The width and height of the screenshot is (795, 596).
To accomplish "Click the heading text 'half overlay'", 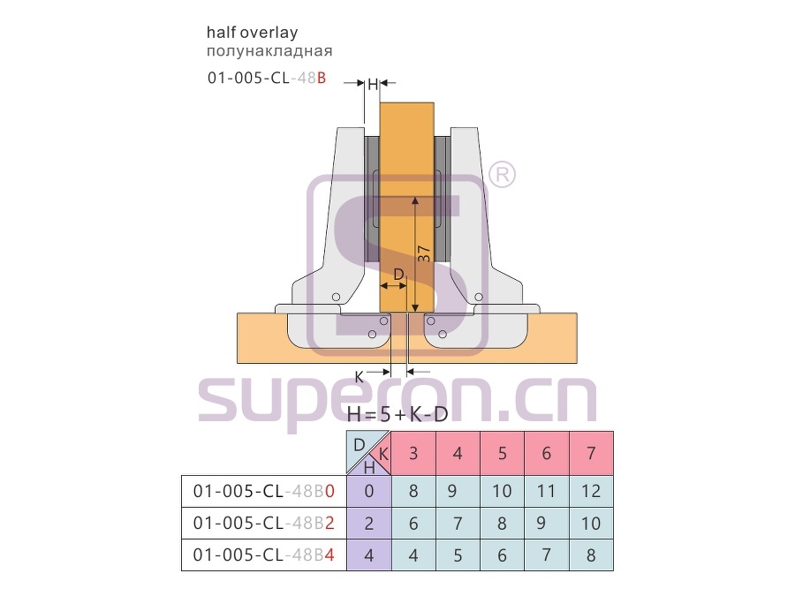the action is coord(252,33).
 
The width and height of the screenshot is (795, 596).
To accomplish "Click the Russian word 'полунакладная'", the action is coord(269,50).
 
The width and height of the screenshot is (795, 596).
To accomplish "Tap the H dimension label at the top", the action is coord(373,84).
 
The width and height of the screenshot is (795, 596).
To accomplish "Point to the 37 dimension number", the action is coord(424,253).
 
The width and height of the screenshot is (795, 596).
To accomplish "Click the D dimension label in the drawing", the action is coord(399,275).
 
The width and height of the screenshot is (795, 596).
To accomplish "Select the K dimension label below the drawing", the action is coord(359,377).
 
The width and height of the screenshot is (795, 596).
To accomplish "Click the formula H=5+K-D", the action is coord(397,415).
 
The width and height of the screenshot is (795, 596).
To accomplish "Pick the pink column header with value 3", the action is coord(413,453).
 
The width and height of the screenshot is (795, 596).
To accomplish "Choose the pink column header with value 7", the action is coord(591,453).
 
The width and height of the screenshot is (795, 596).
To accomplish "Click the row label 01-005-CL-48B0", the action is coord(263,491).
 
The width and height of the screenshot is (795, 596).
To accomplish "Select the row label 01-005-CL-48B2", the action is coord(263,523).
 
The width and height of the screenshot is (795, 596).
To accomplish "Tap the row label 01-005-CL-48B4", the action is coord(263,555).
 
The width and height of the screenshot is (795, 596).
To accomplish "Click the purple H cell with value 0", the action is coord(369,491).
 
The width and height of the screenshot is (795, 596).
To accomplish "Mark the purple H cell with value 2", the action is coord(369,523).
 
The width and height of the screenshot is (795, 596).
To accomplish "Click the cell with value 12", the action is coord(591,491).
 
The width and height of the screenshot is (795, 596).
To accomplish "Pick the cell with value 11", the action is coord(547,491).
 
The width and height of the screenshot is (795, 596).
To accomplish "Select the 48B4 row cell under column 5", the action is coord(502,555).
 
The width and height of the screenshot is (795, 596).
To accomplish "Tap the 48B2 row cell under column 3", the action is coord(413,523).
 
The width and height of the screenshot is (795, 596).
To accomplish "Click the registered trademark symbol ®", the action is coord(502,174).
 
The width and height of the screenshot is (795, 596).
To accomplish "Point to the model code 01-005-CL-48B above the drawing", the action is coord(267,78).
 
